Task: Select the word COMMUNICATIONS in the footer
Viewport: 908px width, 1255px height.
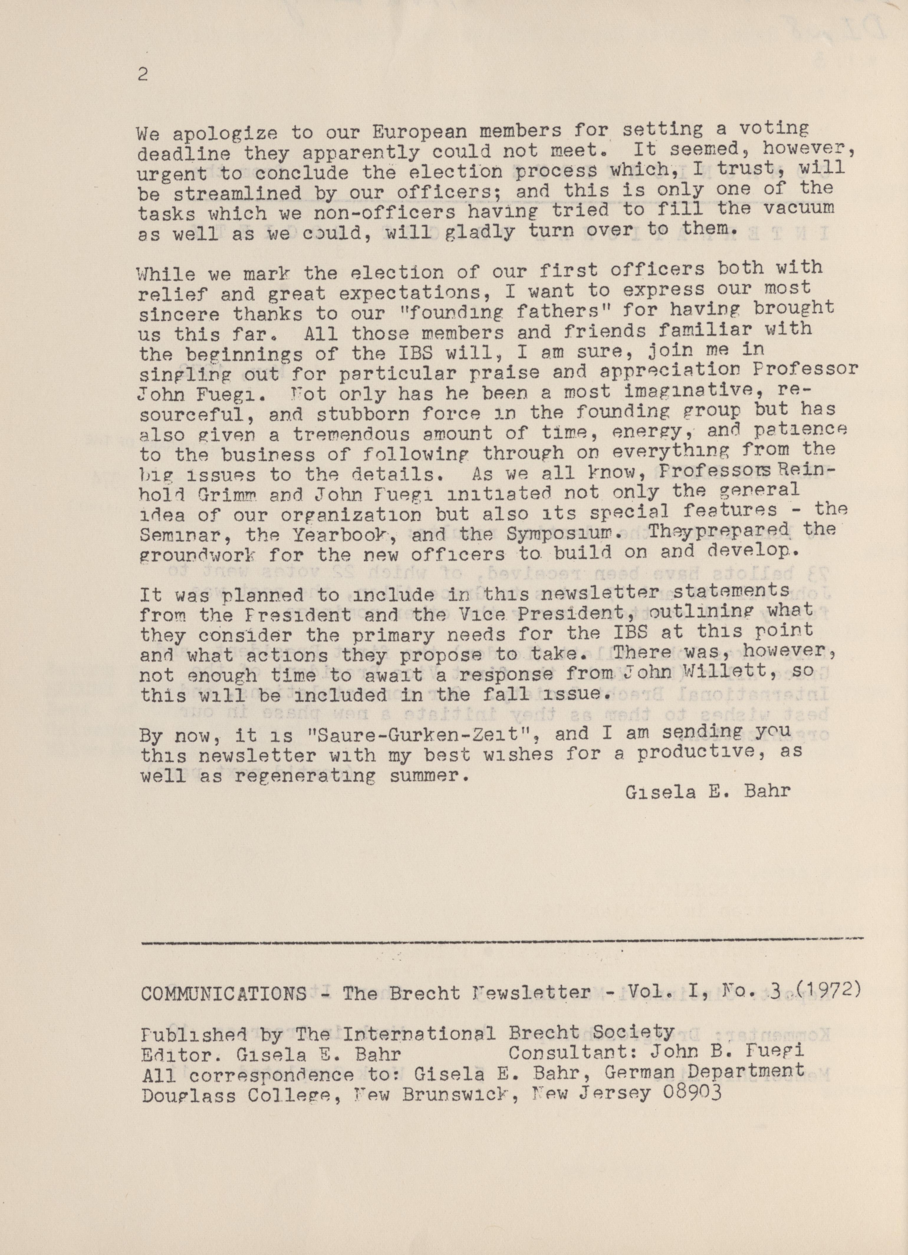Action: pyautogui.click(x=223, y=994)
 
